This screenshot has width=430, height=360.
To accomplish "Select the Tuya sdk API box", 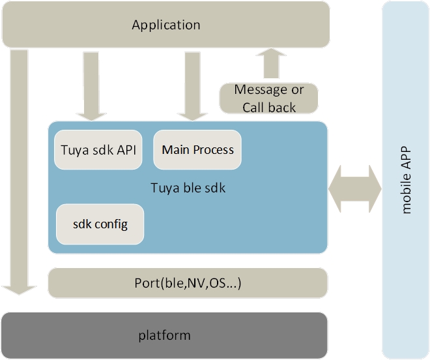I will pos(98,150).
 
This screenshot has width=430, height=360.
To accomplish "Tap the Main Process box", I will pos(197,150).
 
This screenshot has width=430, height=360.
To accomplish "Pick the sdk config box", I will pos(100,224).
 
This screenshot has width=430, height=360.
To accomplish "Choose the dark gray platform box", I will pos(164,336).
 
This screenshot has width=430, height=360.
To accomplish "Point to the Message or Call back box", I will pos(268,98).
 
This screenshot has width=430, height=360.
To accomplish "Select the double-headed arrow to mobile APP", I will pos(354,188).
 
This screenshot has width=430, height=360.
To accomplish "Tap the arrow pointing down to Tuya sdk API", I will pos(93,85).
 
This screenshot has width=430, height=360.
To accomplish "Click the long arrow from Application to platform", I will pos(20,170).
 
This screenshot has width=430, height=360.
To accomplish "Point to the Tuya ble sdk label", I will pos(188,188).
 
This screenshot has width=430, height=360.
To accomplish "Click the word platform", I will pos(164,336).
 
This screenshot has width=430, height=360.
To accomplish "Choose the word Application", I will pos(165,25).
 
